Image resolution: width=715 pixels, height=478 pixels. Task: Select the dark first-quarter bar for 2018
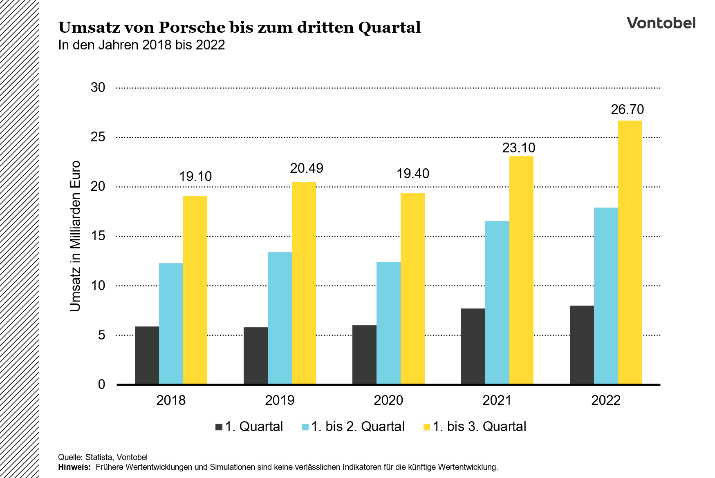click(x=147, y=355)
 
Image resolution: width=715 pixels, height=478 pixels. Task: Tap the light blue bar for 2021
click(x=497, y=302)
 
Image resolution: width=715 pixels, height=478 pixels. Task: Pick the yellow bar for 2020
click(x=412, y=288)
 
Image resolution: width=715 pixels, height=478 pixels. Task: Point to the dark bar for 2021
click(x=473, y=346)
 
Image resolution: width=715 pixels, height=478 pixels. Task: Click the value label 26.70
click(x=627, y=109)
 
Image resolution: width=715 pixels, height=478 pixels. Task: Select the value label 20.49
click(x=307, y=168)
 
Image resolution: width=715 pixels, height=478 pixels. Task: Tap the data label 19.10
click(x=195, y=176)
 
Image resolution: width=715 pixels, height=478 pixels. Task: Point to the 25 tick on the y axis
click(x=98, y=137)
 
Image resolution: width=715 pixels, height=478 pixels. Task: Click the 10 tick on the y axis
click(x=98, y=286)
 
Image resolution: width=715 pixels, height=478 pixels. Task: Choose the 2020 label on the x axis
click(x=388, y=400)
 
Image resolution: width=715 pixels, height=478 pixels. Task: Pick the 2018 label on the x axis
click(x=171, y=400)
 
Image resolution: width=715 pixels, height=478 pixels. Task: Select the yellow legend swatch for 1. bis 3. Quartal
click(x=426, y=427)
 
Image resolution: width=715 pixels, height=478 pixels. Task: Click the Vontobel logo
click(x=661, y=23)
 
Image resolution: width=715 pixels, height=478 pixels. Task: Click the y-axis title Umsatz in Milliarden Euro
click(x=75, y=236)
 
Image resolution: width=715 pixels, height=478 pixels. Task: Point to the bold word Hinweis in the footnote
click(x=74, y=467)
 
